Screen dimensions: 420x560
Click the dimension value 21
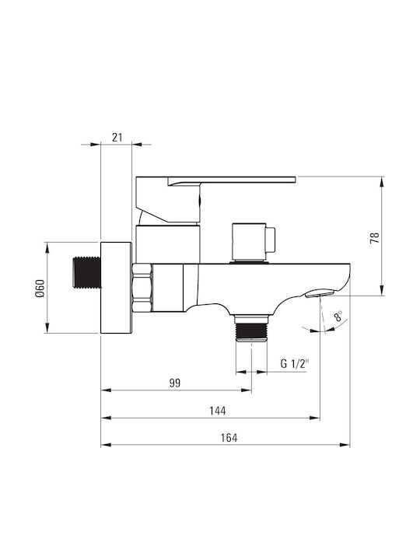(x=117, y=137)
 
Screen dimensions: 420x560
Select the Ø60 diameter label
(x=40, y=289)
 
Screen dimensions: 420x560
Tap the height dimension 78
(x=375, y=238)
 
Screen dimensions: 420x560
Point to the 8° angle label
(x=338, y=317)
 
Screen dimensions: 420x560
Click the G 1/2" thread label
(x=294, y=364)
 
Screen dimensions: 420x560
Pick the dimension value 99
(x=175, y=383)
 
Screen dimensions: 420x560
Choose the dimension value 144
(x=218, y=411)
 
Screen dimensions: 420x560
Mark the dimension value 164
(x=229, y=438)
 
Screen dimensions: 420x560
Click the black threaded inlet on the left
(x=86, y=272)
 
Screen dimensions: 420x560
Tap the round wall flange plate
(x=116, y=288)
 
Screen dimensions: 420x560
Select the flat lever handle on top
(x=215, y=198)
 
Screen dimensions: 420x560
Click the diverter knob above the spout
(x=254, y=243)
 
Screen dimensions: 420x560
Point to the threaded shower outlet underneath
(x=251, y=329)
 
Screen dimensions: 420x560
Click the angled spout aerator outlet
(x=320, y=293)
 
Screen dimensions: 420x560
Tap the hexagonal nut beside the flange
(x=142, y=288)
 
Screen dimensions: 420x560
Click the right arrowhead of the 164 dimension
(x=345, y=445)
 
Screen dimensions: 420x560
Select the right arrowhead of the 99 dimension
(x=247, y=390)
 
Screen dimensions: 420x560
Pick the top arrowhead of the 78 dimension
(x=382, y=182)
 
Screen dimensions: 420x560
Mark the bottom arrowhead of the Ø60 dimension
(x=47, y=327)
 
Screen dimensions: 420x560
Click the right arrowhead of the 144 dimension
(x=315, y=418)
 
